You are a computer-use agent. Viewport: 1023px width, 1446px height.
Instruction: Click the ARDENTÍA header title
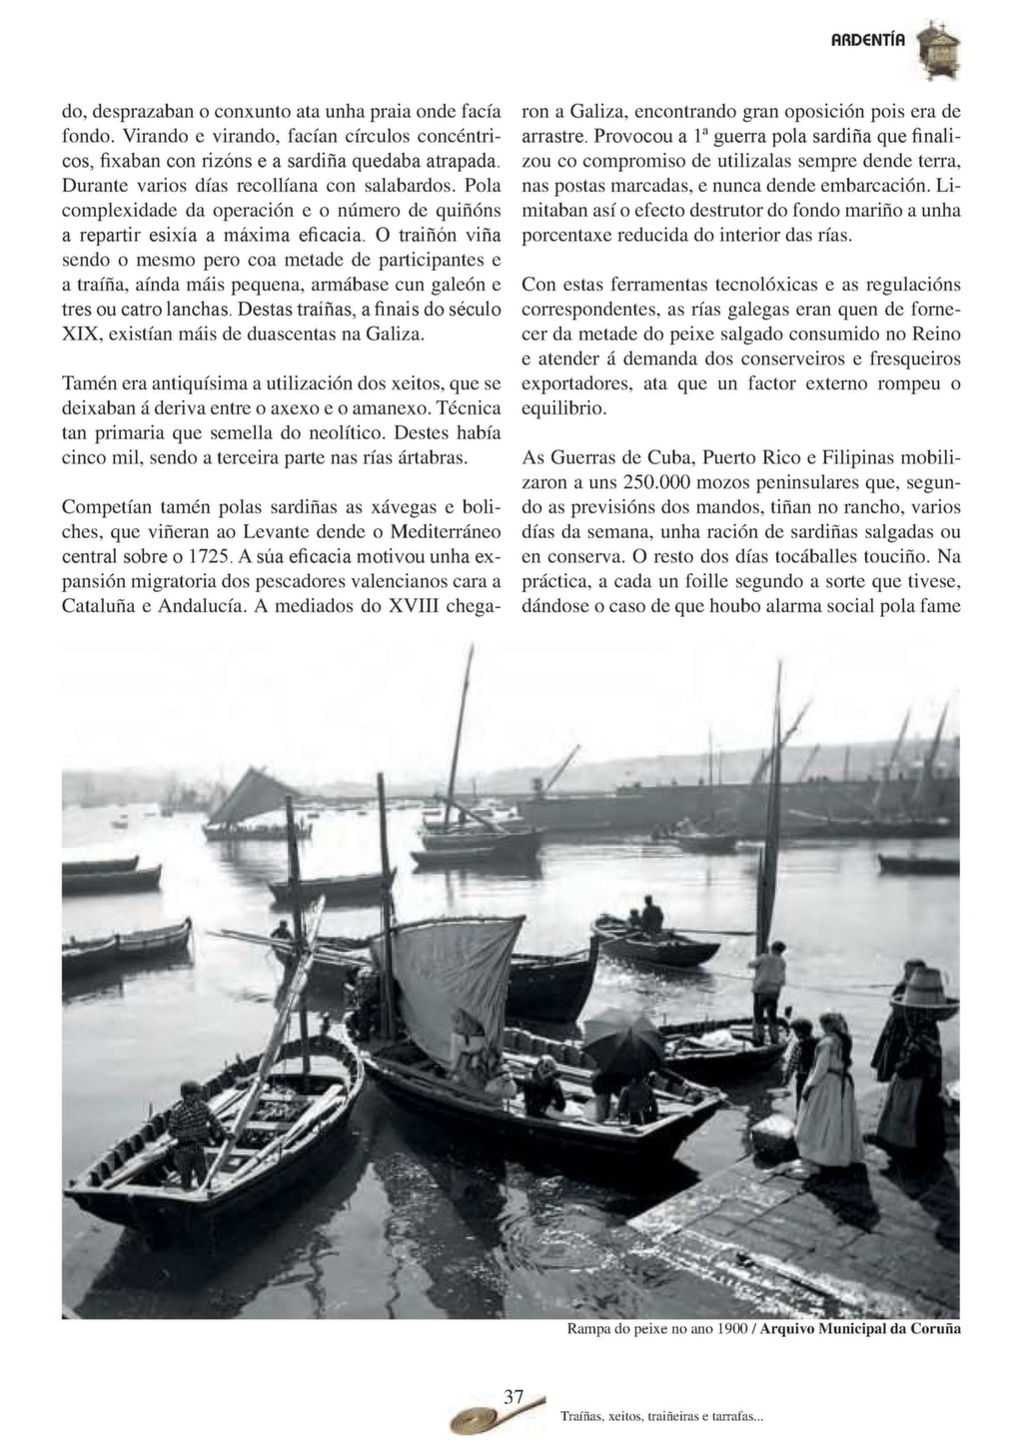(x=868, y=41)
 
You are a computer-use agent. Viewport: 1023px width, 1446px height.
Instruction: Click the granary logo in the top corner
(x=938, y=50)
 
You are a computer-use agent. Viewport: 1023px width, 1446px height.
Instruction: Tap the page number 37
(x=513, y=1397)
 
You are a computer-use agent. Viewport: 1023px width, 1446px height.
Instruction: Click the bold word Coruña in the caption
(x=934, y=1329)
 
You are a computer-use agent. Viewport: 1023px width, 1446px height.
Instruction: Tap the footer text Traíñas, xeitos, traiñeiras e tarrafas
(x=661, y=1417)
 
